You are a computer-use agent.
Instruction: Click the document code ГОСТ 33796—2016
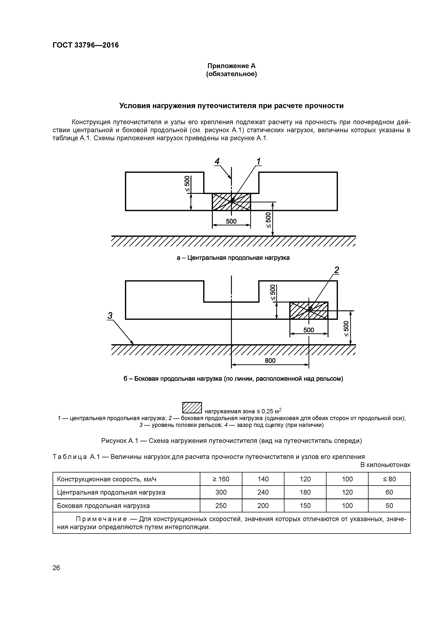pos(86,45)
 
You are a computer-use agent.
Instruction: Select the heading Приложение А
pos(232,66)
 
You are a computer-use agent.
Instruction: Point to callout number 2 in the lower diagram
pos(337,270)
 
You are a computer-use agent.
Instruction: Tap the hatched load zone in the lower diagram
pos(309,310)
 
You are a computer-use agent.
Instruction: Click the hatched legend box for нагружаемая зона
pos(192,407)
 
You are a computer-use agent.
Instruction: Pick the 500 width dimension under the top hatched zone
pos(231,221)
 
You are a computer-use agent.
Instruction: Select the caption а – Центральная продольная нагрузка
pos(233,257)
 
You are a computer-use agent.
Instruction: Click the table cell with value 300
pos(221,492)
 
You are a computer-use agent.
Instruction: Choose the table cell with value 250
pos(221,505)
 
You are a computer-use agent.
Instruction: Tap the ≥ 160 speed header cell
pos(221,479)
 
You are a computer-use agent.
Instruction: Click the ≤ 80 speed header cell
pos(389,479)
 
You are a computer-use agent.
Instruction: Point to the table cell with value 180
pos(305,492)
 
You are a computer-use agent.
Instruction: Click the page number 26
pos(56,568)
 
